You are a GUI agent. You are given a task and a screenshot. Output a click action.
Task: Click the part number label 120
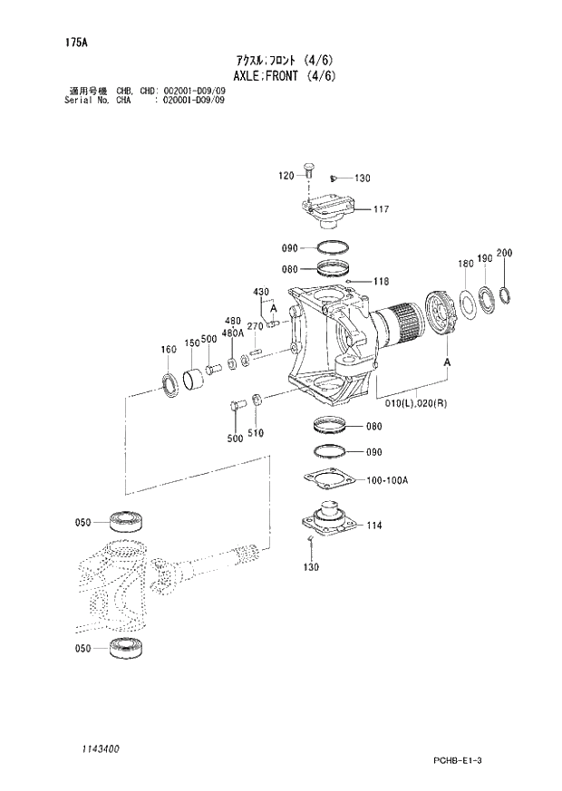[286, 176]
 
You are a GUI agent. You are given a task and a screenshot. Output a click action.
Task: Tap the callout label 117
[381, 210]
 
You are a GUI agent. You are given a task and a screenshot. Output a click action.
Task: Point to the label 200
[505, 253]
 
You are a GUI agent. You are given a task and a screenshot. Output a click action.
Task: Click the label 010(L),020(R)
[416, 404]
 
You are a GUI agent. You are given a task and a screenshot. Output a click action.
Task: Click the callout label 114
[374, 524]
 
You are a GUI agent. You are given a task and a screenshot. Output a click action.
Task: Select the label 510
[256, 432]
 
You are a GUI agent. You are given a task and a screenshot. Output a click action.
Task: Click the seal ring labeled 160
[170, 383]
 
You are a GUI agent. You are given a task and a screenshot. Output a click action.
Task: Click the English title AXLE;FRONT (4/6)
[284, 76]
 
